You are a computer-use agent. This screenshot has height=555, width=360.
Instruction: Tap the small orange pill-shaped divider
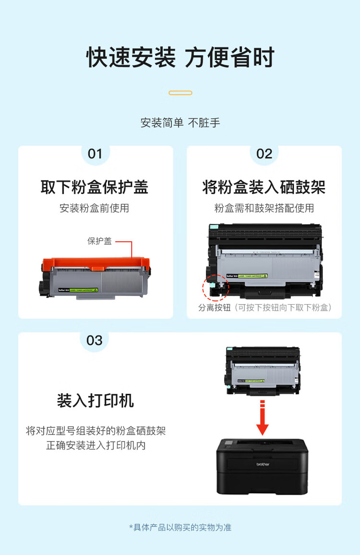coord(180,93)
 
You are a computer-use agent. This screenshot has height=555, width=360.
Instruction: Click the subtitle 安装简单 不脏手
coord(180,123)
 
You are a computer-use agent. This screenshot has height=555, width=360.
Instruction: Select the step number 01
coord(95,154)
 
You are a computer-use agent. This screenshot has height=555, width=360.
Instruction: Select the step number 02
coord(264,154)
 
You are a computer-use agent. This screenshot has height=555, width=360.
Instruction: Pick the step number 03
coord(94,341)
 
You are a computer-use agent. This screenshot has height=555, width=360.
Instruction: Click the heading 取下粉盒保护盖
coord(95,187)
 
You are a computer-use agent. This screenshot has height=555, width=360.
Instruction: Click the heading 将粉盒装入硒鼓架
coord(264,187)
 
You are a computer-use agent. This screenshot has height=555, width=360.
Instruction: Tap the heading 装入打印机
coord(95,401)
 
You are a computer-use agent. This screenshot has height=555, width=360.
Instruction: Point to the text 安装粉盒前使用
coord(95,208)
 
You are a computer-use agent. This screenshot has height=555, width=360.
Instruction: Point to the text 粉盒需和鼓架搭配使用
coord(264,208)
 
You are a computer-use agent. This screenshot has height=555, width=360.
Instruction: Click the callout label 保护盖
coord(99,241)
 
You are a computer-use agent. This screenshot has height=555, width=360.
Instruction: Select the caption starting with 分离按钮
coord(264,308)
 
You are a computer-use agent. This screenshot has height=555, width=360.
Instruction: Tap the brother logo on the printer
coord(263,464)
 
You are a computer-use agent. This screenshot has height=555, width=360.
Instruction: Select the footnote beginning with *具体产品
coord(180,527)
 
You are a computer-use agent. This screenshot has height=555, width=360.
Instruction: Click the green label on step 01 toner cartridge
coord(84,290)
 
